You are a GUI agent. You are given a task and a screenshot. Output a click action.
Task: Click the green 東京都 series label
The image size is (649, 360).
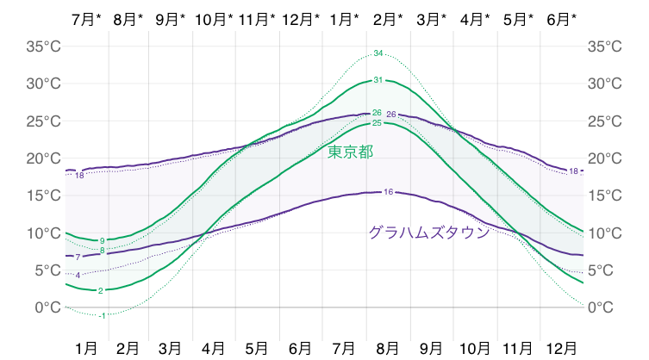pyautogui.click(x=351, y=152)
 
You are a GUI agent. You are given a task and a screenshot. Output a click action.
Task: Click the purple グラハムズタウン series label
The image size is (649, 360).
pyautogui.click(x=428, y=233)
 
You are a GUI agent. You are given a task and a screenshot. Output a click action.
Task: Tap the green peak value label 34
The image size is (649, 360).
pyautogui.click(x=378, y=53)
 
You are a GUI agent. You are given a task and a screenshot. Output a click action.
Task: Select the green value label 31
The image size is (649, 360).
pyautogui.click(x=378, y=80)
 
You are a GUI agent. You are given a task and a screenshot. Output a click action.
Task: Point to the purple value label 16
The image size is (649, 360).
pyautogui.click(x=388, y=191)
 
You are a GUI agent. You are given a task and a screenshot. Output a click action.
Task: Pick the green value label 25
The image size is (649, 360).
pyautogui.click(x=377, y=123)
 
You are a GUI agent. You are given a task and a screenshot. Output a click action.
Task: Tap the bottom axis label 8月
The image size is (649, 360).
pyautogui.click(x=388, y=348)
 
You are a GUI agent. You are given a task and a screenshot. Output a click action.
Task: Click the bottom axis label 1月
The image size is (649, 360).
pyautogui.click(x=85, y=348)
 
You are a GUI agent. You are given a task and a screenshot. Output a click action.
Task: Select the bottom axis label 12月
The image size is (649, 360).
pyautogui.click(x=562, y=348)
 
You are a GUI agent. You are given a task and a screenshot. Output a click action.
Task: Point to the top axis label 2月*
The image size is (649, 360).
pyautogui.click(x=388, y=18)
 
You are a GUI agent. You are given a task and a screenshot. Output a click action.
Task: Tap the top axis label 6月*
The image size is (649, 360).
pyautogui.click(x=562, y=18)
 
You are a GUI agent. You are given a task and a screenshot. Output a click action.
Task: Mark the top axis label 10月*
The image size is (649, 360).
pyautogui.click(x=214, y=18)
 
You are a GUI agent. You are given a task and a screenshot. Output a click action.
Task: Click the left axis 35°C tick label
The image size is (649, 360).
pyautogui.click(x=41, y=47)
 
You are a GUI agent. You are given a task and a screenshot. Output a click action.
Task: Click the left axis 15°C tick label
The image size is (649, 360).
pyautogui.click(x=41, y=196)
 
